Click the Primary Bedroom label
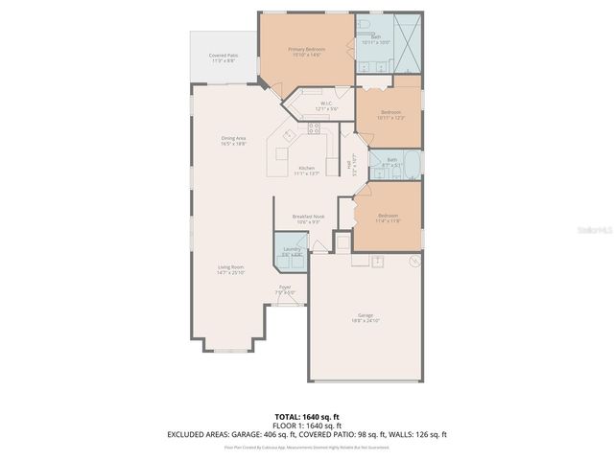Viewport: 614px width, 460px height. click(307, 52)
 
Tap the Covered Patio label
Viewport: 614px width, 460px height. click(224, 58)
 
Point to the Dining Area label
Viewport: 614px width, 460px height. click(234, 141)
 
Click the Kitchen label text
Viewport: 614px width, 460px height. click(306, 171)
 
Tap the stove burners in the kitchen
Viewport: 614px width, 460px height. click(314, 127)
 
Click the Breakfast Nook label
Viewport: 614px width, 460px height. click(307, 219)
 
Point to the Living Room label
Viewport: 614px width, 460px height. click(230, 270)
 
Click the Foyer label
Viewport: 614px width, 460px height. click(285, 289)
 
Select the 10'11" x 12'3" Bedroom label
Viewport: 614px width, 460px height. click(390, 114)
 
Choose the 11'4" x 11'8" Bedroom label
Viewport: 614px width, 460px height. click(388, 218)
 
